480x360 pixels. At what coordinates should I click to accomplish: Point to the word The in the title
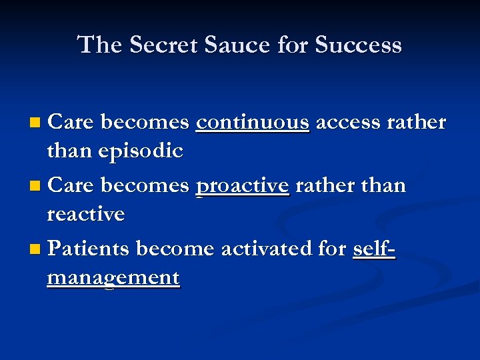pyautogui.click(x=99, y=45)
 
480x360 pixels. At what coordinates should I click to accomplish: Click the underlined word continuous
pyautogui.click(x=253, y=123)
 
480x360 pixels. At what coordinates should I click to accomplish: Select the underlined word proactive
pyautogui.click(x=243, y=185)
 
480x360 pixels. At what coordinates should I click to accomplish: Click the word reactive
pyautogui.click(x=86, y=215)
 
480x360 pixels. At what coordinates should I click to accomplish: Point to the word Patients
pyautogui.click(x=89, y=249)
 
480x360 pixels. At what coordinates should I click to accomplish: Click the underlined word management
pyautogui.click(x=113, y=277)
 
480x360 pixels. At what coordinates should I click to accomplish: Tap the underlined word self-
pyautogui.click(x=373, y=249)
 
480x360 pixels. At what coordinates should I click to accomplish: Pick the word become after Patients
pyautogui.click(x=175, y=249)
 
